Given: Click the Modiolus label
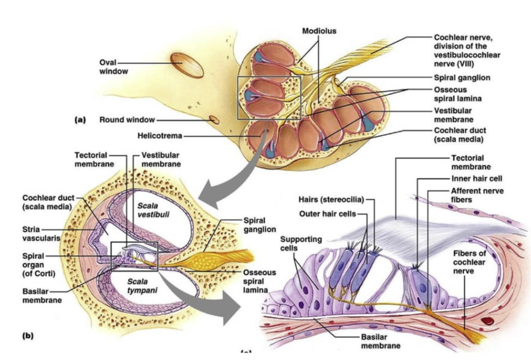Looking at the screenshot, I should click(x=319, y=31).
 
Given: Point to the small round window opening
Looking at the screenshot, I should click(x=215, y=119).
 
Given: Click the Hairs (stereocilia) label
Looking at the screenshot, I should click(x=331, y=199).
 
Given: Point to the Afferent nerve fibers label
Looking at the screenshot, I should click(x=477, y=194).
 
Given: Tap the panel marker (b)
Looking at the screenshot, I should click(x=27, y=336).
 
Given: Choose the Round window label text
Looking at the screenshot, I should click(x=127, y=120).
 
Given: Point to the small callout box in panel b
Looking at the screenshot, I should click(x=134, y=256).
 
